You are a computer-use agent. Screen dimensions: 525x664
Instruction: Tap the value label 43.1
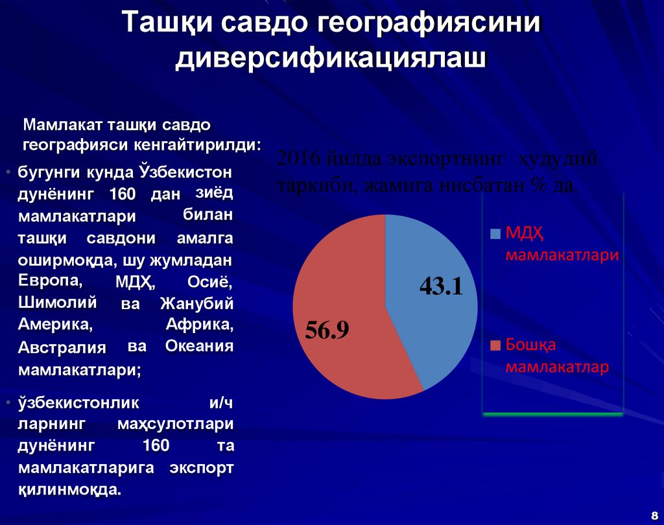441,286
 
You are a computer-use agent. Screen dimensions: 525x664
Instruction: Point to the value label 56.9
327,330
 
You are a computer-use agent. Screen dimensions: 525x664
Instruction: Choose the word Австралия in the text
62,347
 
